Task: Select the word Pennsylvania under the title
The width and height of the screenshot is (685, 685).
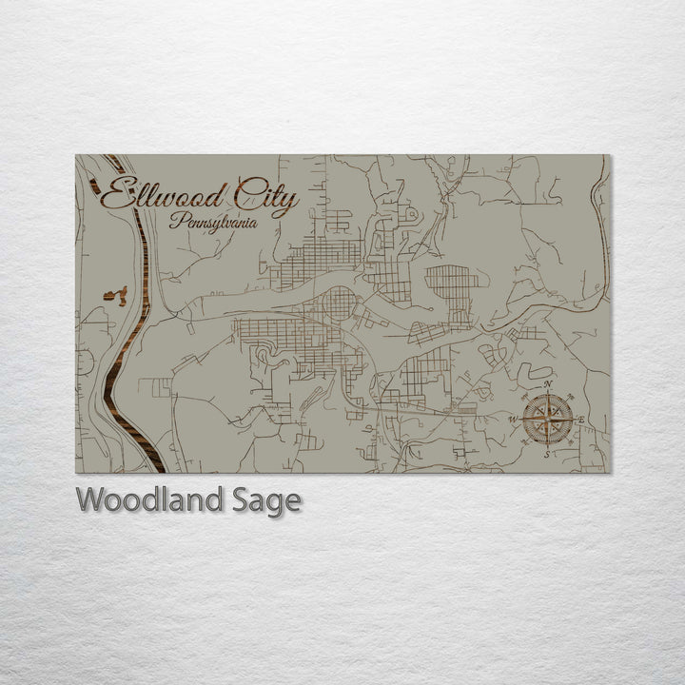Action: pos(213,223)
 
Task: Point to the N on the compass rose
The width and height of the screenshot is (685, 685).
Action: pos(547,382)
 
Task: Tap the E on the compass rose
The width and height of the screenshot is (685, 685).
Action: pos(581,419)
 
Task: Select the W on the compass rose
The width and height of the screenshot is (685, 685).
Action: pos(514,419)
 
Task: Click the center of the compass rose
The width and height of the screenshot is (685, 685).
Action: pos(547,418)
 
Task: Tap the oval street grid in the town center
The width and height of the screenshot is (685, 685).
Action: pos(338,305)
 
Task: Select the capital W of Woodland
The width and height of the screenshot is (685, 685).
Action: pos(91,500)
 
